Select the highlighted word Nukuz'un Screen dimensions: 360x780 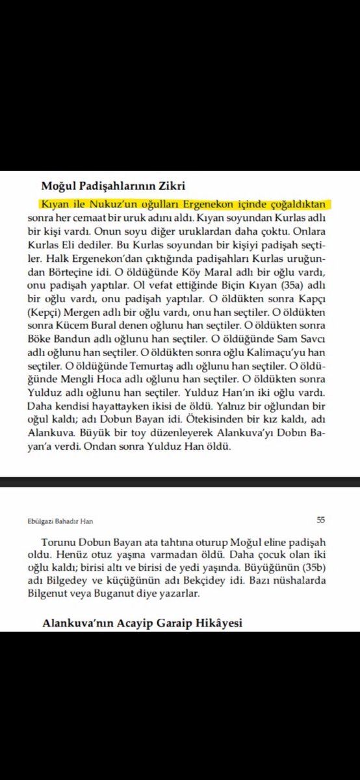(x=92, y=203)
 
